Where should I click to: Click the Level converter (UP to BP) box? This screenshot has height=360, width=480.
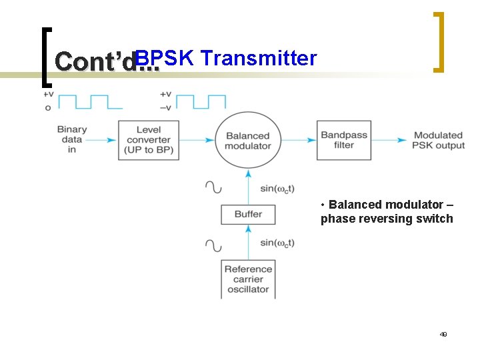pos(149,140)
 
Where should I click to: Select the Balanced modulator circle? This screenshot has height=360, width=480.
pos(248,140)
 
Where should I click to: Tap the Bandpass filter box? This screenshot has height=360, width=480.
pos(344,140)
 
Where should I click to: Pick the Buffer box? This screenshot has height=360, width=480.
pos(248,214)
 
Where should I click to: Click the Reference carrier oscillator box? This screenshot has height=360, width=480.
pos(248,279)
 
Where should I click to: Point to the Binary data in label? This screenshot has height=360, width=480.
pos(72,139)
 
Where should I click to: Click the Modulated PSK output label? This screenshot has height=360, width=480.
pos(439,140)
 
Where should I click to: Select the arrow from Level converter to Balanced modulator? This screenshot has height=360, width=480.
pos(197,140)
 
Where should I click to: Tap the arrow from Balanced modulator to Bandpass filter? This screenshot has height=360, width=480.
pos(299,140)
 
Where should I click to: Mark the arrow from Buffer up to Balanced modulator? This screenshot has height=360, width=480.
pos(248,186)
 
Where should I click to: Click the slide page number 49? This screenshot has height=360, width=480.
pos(443,334)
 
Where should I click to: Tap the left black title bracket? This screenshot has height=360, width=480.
pos(45,57)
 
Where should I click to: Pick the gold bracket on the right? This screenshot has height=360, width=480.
pos(438,41)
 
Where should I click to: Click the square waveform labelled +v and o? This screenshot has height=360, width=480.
pos(89,101)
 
